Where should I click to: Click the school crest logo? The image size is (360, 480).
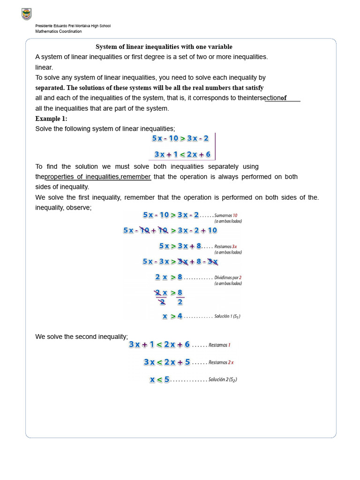tap(27, 15)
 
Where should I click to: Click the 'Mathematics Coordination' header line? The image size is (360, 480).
tap(59, 32)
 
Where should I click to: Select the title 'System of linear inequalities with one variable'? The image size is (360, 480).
tap(164, 47)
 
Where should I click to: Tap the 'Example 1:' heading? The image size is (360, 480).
tap(51, 119)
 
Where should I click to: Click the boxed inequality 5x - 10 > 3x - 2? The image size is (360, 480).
tap(180, 138)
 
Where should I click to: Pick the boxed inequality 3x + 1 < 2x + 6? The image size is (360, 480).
tap(182, 154)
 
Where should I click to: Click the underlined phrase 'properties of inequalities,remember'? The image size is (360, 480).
tap(97, 177)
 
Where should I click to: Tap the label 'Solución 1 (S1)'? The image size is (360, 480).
tap(227, 316)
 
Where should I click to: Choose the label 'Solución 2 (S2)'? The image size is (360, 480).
tap(224, 380)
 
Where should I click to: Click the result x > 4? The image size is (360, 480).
tap(172, 316)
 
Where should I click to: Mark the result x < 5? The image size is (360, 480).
tap(160, 379)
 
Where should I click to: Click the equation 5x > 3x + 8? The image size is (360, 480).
tap(180, 246)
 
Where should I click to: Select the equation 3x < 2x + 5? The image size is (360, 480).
tap(167, 362)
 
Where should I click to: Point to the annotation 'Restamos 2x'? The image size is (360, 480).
tap(221, 362)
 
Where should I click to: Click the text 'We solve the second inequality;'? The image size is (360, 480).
tap(82, 337)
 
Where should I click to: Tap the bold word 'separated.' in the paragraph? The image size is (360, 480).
tap(50, 88)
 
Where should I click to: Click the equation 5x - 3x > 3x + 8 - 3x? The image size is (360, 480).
tap(180, 262)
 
